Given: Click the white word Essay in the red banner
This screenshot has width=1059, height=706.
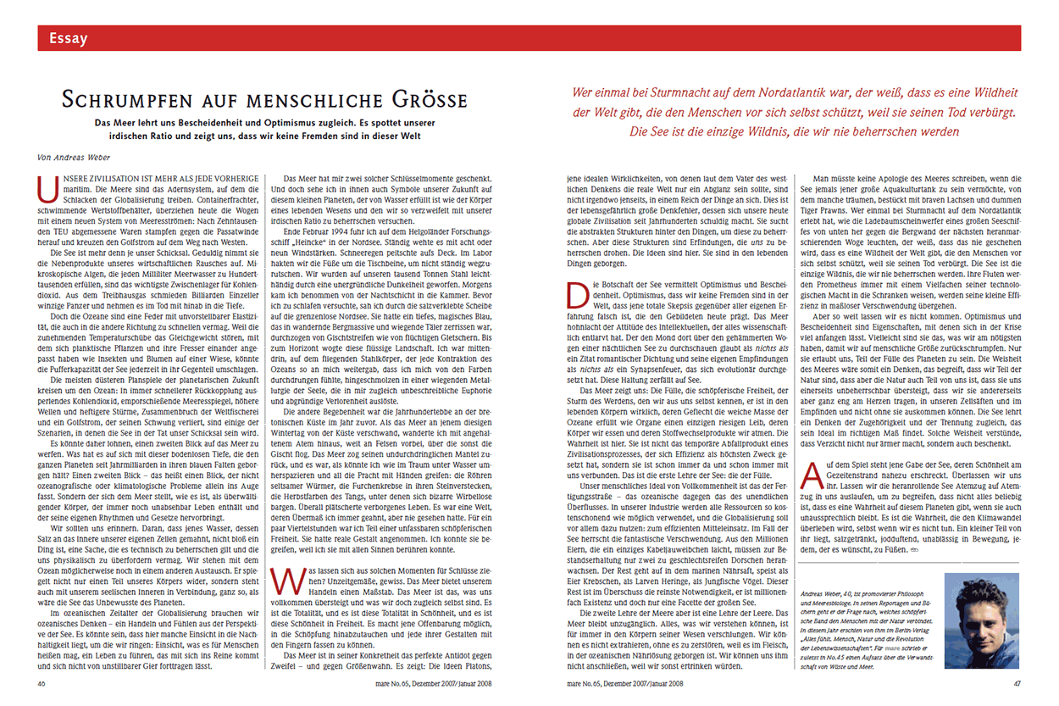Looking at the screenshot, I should pyautogui.click(x=69, y=37).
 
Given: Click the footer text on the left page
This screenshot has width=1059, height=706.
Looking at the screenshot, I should pyautogui.click(x=431, y=682).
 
